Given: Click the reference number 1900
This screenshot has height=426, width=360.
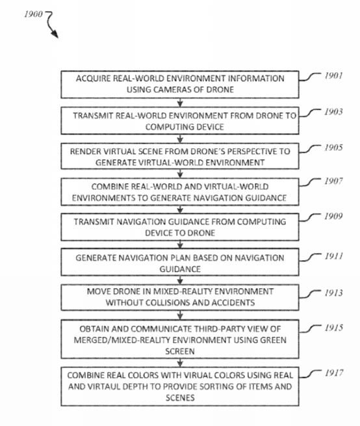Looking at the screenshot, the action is pos(33,14).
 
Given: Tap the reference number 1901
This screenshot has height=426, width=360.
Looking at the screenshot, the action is pos(333,75).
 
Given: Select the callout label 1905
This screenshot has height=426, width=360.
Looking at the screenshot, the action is pos(333,148).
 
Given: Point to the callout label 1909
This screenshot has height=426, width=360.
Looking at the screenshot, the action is pos(333,217).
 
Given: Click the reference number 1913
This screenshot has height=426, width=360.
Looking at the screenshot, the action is pos(334,293).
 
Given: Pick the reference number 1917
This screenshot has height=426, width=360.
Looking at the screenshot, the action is pos(334,373).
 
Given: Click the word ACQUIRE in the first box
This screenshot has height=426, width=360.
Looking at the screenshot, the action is pos(93,79).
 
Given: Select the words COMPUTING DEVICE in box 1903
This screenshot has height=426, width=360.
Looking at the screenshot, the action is pos(185,127).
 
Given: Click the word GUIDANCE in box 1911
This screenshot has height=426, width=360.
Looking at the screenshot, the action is pos(180,269).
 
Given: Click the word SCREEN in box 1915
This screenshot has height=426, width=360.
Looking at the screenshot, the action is pos(180,351).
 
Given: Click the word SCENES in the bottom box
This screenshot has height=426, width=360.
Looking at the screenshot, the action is pos(180,398).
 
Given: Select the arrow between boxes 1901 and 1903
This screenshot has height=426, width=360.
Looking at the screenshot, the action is pos(180,103).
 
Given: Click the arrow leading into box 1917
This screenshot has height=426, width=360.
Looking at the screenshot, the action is pos(180,363).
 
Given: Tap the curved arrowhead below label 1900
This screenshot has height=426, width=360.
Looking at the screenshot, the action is pos(55,34).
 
